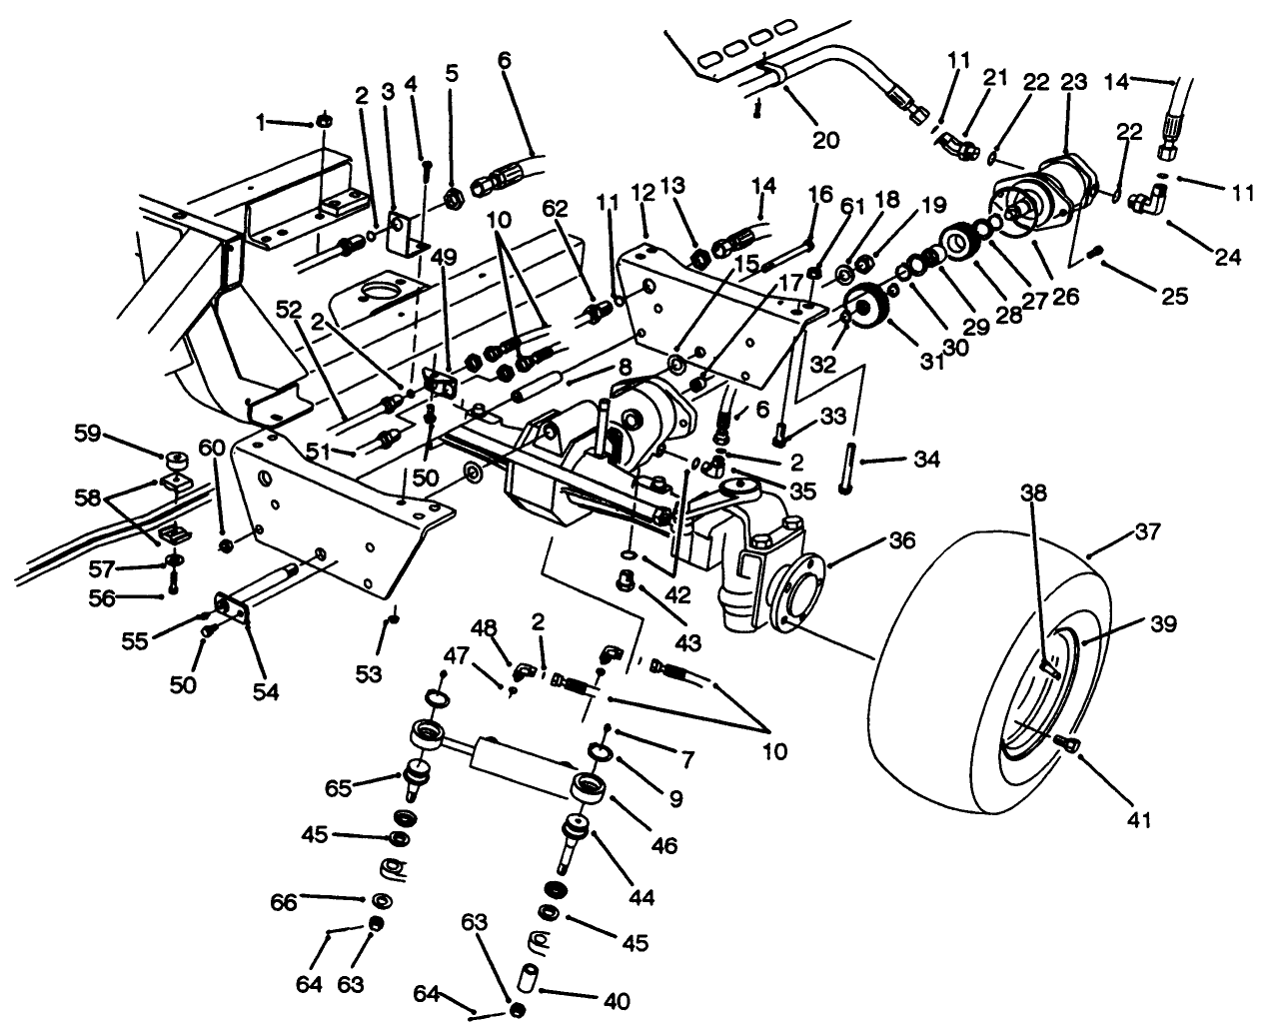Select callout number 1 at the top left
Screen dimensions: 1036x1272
pyautogui.click(x=262, y=122)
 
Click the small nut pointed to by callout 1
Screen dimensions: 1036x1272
pyautogui.click(x=323, y=121)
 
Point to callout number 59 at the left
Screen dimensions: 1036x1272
pyautogui.click(x=87, y=435)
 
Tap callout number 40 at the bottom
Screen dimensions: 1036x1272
pyautogui.click(x=618, y=1000)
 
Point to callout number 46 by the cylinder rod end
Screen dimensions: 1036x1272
pyautogui.click(x=664, y=846)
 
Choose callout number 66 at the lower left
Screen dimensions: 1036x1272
pyautogui.click(x=285, y=902)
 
